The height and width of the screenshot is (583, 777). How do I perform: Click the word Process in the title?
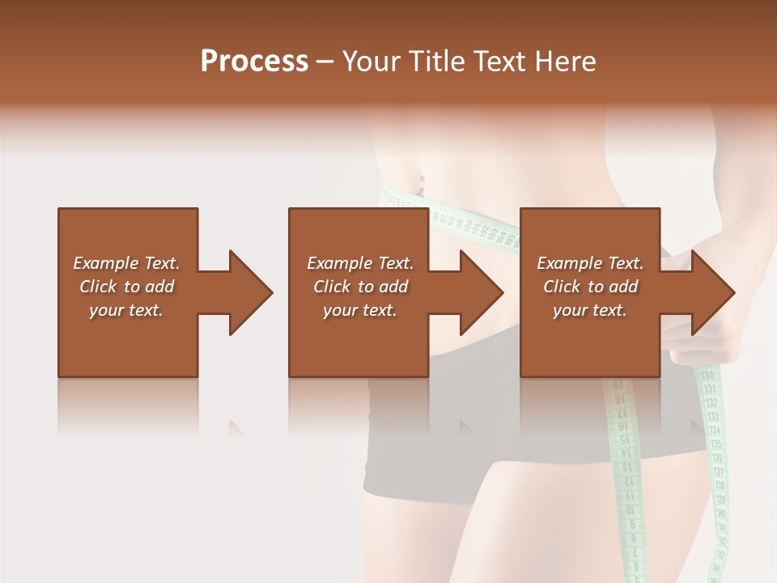(254, 62)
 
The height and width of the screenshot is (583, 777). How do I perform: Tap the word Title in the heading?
(438, 62)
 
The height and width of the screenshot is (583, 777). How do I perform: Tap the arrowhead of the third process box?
(712, 292)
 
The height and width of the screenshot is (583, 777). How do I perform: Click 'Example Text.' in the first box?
(126, 263)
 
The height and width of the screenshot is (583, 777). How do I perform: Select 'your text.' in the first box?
(126, 310)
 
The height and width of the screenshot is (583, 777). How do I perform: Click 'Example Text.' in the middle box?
(359, 263)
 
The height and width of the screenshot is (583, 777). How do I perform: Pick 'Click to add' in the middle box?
(359, 287)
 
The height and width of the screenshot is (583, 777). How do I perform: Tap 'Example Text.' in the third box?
(590, 263)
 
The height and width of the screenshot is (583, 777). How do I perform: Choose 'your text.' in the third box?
(590, 310)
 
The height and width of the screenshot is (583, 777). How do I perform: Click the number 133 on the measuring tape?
(711, 416)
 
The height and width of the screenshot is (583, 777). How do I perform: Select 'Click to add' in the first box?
(126, 287)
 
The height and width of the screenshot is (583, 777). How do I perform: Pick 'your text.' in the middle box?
(359, 310)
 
